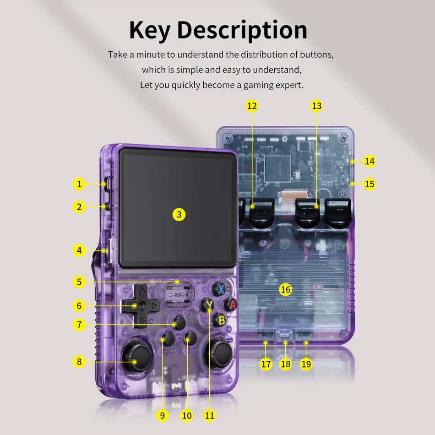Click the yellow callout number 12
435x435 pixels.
252,106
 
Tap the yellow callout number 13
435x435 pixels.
316,106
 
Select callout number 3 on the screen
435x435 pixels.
179,214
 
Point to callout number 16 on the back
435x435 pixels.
285,289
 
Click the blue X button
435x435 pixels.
221,289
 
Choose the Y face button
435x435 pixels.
209,304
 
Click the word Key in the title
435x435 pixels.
150,30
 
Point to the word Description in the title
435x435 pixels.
242,30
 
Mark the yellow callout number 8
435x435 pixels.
79,362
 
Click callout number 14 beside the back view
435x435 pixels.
370,161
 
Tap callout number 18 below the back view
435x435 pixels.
286,364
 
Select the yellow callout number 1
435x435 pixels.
79,184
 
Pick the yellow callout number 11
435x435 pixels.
210,415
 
